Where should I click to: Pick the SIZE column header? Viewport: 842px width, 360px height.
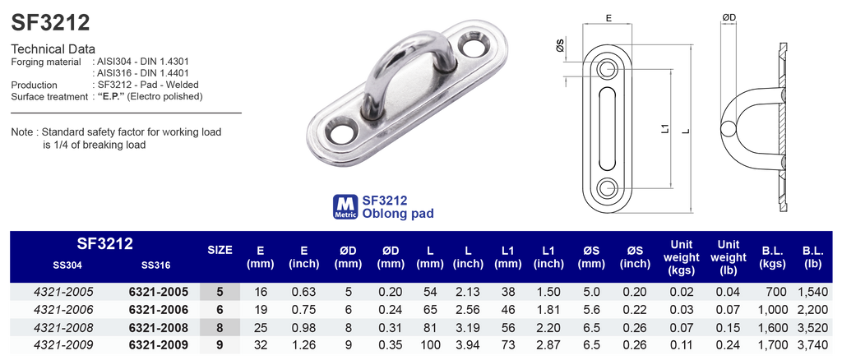(219, 250)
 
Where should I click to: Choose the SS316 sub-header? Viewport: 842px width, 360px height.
(155, 265)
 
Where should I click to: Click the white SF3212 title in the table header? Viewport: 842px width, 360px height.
(105, 244)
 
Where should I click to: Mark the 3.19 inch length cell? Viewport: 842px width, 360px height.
(469, 327)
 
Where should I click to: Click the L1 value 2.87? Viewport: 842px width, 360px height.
(548, 344)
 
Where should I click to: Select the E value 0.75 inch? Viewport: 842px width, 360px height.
(303, 309)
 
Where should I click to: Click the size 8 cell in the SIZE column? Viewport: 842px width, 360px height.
(219, 327)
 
